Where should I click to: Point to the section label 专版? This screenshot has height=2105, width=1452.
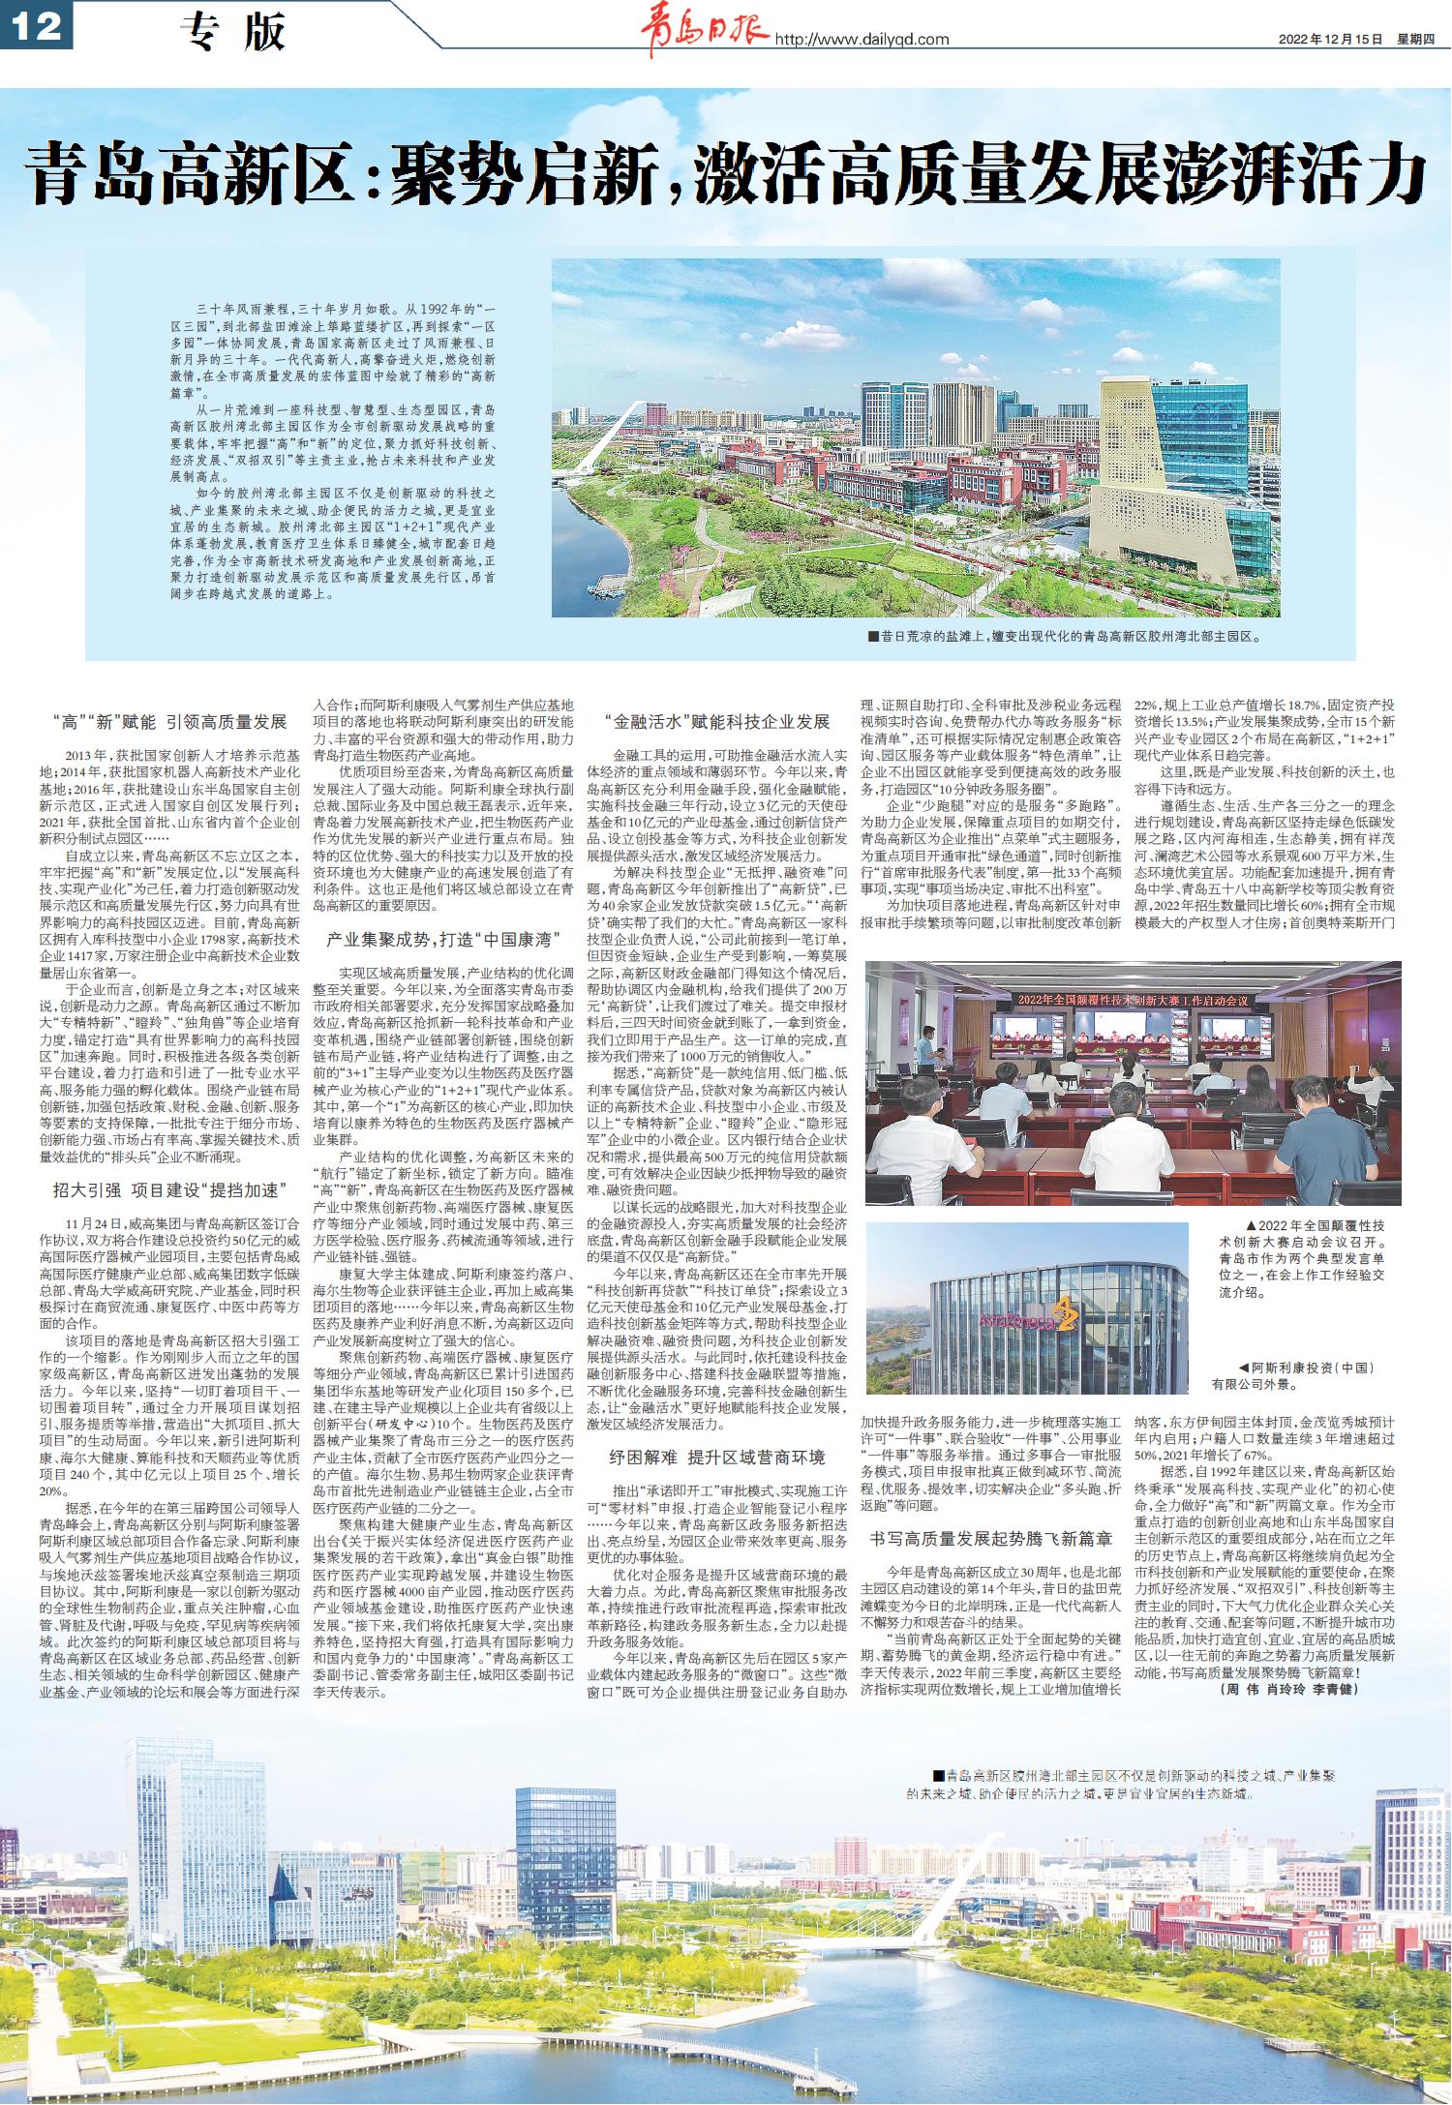pos(233,34)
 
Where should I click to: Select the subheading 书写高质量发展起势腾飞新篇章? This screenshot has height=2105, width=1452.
pos(990,1537)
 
